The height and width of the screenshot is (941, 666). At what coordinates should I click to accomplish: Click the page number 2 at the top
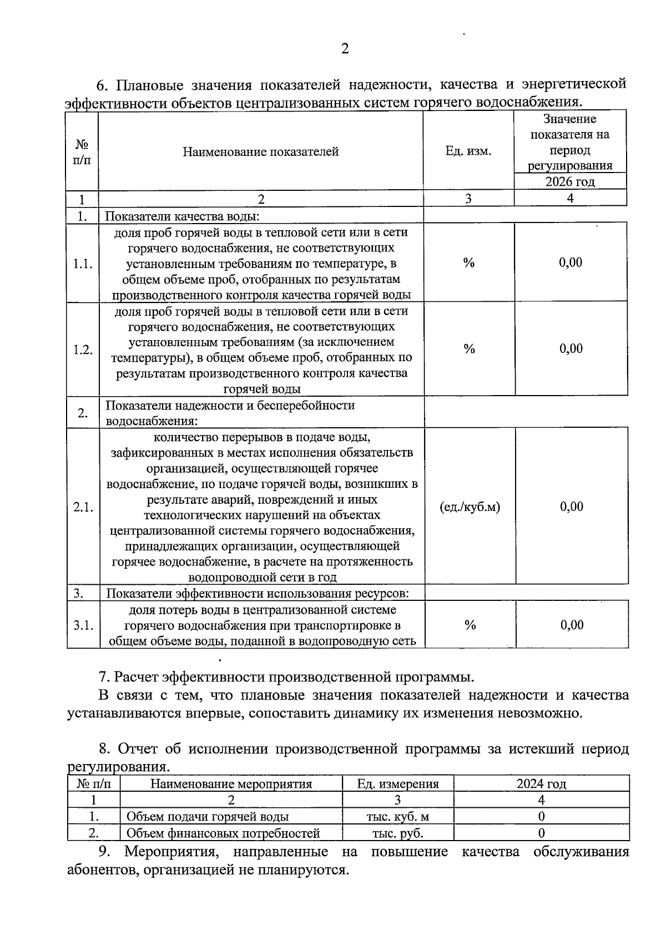[345, 49]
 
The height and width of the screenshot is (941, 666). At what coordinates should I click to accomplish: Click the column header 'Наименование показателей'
[261, 151]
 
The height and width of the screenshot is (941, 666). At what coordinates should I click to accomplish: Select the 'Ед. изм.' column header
[468, 151]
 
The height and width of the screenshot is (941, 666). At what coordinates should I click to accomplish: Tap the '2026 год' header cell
[569, 182]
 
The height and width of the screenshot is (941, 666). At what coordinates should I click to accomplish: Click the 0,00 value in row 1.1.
[571, 262]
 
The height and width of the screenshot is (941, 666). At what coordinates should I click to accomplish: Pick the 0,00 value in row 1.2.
[571, 348]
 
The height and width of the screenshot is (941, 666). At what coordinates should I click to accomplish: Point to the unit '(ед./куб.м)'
[470, 507]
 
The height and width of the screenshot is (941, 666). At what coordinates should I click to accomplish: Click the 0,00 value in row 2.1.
[571, 507]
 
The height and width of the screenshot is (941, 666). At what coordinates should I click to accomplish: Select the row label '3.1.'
[83, 625]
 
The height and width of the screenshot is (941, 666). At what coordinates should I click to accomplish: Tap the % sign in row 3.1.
[470, 625]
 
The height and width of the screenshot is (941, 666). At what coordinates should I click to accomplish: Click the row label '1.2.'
[83, 350]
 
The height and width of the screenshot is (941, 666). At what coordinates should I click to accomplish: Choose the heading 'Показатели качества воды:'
[183, 216]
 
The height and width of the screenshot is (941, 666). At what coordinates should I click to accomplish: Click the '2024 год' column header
[541, 784]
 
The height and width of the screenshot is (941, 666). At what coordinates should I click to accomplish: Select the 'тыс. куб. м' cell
[397, 817]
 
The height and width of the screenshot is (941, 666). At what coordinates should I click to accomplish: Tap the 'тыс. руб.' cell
[397, 833]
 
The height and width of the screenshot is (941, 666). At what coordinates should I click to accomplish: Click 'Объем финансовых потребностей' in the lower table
[223, 833]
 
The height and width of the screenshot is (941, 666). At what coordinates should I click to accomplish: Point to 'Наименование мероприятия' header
[231, 784]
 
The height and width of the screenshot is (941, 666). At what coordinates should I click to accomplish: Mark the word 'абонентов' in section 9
[102, 870]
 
